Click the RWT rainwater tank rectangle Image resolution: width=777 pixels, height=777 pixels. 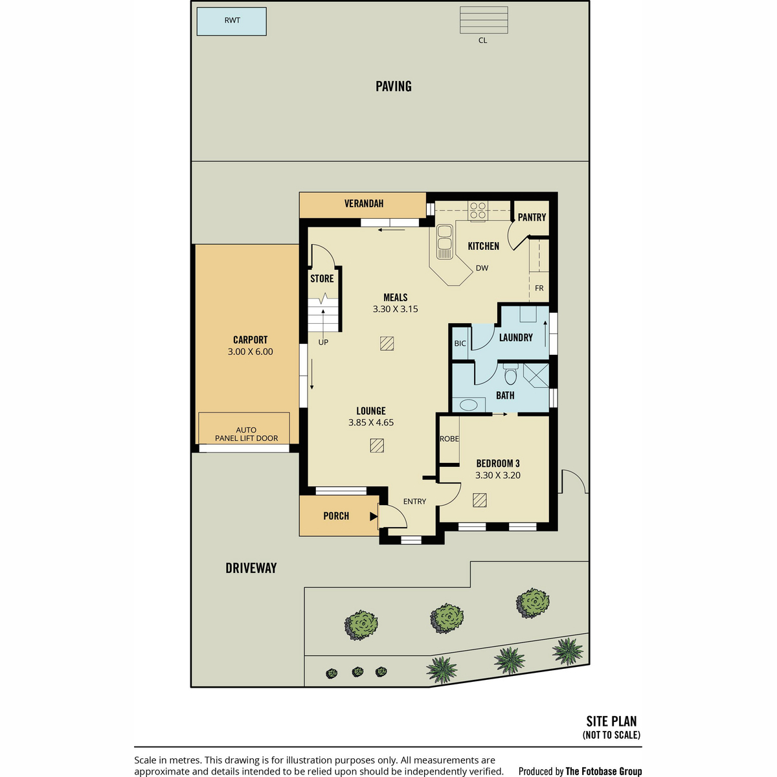pyautogui.click(x=231, y=21)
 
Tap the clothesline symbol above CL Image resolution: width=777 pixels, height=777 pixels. pyautogui.click(x=484, y=20)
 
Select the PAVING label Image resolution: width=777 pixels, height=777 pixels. pyautogui.click(x=394, y=86)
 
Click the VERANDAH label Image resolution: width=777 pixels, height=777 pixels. pyautogui.click(x=364, y=203)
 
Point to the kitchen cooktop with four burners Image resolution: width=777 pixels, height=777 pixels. pyautogui.click(x=478, y=210)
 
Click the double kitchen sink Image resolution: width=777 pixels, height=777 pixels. pyautogui.click(x=445, y=242)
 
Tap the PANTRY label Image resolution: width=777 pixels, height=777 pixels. pyautogui.click(x=532, y=218)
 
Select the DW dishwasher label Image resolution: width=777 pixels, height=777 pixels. pyautogui.click(x=482, y=268)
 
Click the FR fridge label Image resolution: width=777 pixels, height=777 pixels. pyautogui.click(x=539, y=288)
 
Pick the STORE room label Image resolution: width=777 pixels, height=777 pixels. pyautogui.click(x=322, y=278)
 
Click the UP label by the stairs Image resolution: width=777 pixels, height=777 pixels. pyautogui.click(x=323, y=343)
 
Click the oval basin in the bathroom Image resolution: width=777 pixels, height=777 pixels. pyautogui.click(x=469, y=405)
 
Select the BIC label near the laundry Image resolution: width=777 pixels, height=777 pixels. pyautogui.click(x=460, y=344)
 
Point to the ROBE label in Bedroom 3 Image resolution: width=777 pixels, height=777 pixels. pyautogui.click(x=449, y=439)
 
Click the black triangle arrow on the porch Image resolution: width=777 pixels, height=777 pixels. pyautogui.click(x=374, y=516)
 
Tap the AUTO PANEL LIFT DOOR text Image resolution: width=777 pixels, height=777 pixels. pyautogui.click(x=246, y=434)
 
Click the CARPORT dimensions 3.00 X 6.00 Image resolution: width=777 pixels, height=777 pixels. pyautogui.click(x=251, y=352)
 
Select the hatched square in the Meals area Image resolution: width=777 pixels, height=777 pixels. pyautogui.click(x=387, y=344)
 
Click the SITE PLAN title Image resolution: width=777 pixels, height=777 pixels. pyautogui.click(x=611, y=721)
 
